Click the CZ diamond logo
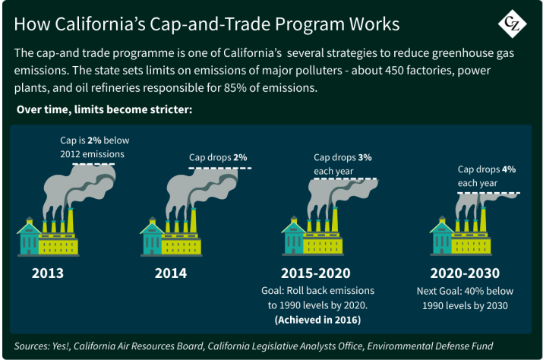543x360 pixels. click(512, 24)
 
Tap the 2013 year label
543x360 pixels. click(48, 273)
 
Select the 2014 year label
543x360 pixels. click(171, 273)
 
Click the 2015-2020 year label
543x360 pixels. click(315, 273)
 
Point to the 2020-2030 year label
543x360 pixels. click(465, 273)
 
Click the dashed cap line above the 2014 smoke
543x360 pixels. click(220, 169)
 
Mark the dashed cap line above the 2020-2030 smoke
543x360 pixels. click(488, 193)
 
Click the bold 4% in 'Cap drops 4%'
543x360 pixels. click(509, 169)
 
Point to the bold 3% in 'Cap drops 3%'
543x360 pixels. click(365, 158)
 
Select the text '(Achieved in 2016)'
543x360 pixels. click(317, 320)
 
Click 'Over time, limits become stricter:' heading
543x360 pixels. click(104, 109)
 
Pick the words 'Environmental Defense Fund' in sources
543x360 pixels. click(430, 346)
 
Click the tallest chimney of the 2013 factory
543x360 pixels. click(71, 220)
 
